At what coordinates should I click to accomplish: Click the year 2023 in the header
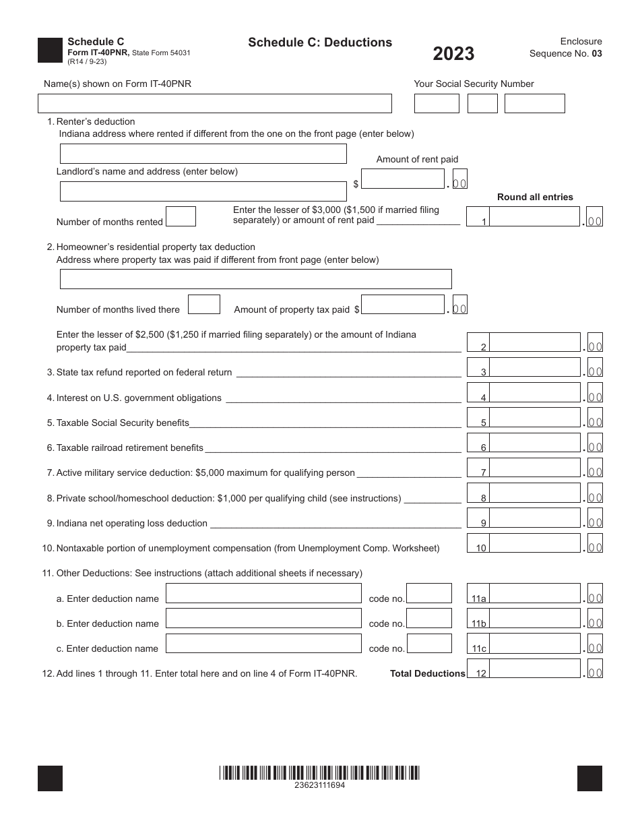click(x=453, y=54)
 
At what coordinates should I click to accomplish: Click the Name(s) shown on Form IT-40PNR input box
click(x=214, y=103)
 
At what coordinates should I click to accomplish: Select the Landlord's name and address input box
click(x=203, y=191)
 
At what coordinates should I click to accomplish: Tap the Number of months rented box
click(x=181, y=216)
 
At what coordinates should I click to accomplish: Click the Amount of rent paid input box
click(x=403, y=179)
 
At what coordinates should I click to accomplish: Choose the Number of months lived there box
click(x=203, y=305)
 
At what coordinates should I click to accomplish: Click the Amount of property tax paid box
click(x=403, y=305)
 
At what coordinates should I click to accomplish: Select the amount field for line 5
click(x=534, y=418)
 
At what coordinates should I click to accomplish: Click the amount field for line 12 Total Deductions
click(x=534, y=669)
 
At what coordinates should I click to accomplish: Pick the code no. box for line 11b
click(x=429, y=618)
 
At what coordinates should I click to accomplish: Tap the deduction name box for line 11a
click(x=263, y=593)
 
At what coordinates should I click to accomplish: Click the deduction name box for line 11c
click(x=263, y=643)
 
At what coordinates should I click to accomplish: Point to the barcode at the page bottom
click(x=319, y=772)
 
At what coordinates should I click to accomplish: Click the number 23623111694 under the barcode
click(x=319, y=785)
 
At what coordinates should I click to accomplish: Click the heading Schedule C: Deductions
click(x=320, y=42)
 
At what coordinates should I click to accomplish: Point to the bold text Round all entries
click(x=535, y=197)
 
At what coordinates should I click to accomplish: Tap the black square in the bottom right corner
click(x=589, y=778)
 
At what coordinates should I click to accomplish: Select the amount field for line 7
click(x=534, y=468)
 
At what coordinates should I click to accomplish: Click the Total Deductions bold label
click(x=427, y=673)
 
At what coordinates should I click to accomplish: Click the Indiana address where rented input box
click(x=203, y=154)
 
